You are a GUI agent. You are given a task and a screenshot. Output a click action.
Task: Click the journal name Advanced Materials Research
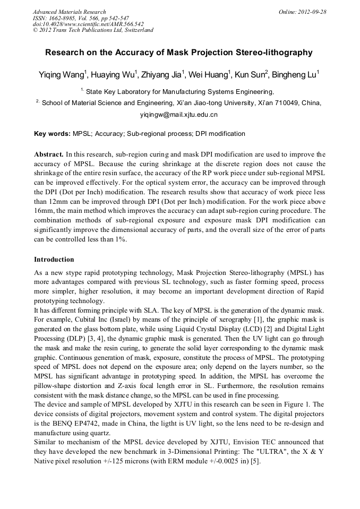(69, 12)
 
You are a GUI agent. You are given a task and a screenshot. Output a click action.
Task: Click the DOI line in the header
(88, 24)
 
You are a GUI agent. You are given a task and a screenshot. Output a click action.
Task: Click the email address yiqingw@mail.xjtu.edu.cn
(179, 115)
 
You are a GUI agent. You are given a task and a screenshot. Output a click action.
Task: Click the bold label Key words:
(52, 134)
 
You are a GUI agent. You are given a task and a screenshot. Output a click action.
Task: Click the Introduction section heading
(54, 260)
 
